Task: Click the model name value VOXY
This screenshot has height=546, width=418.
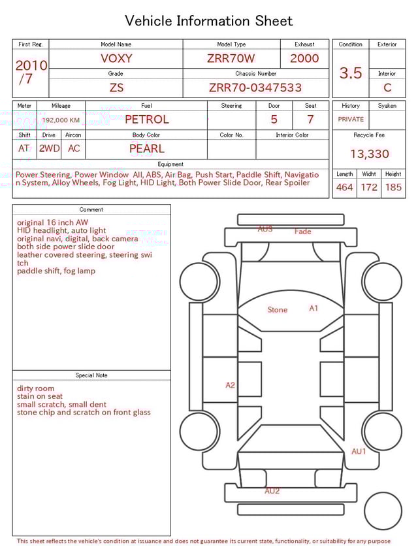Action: click(116, 58)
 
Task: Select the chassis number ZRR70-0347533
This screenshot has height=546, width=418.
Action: click(255, 87)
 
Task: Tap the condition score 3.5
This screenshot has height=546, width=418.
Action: click(351, 73)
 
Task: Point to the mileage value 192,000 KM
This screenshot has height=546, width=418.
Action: click(61, 120)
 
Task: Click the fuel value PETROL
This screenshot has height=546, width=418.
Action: click(146, 119)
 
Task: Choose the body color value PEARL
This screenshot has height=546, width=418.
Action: click(146, 148)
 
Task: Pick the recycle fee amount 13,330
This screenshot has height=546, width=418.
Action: click(369, 154)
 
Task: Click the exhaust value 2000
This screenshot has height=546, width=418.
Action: click(304, 58)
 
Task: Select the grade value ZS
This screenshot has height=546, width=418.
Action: click(116, 87)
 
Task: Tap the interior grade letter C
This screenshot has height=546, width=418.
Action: click(387, 87)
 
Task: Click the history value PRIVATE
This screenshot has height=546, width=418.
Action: click(351, 119)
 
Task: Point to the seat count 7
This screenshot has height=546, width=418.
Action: click(310, 119)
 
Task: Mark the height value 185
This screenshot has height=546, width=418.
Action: click(393, 187)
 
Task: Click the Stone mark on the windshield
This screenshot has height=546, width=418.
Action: click(277, 310)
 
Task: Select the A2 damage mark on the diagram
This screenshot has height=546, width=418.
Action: click(230, 385)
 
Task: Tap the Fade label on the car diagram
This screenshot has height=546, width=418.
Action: click(302, 231)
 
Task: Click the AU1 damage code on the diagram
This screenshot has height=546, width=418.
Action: click(359, 451)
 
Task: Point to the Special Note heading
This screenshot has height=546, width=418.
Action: click(91, 375)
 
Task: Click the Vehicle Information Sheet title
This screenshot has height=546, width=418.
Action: click(209, 21)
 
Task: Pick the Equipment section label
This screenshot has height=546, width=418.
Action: click(170, 164)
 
